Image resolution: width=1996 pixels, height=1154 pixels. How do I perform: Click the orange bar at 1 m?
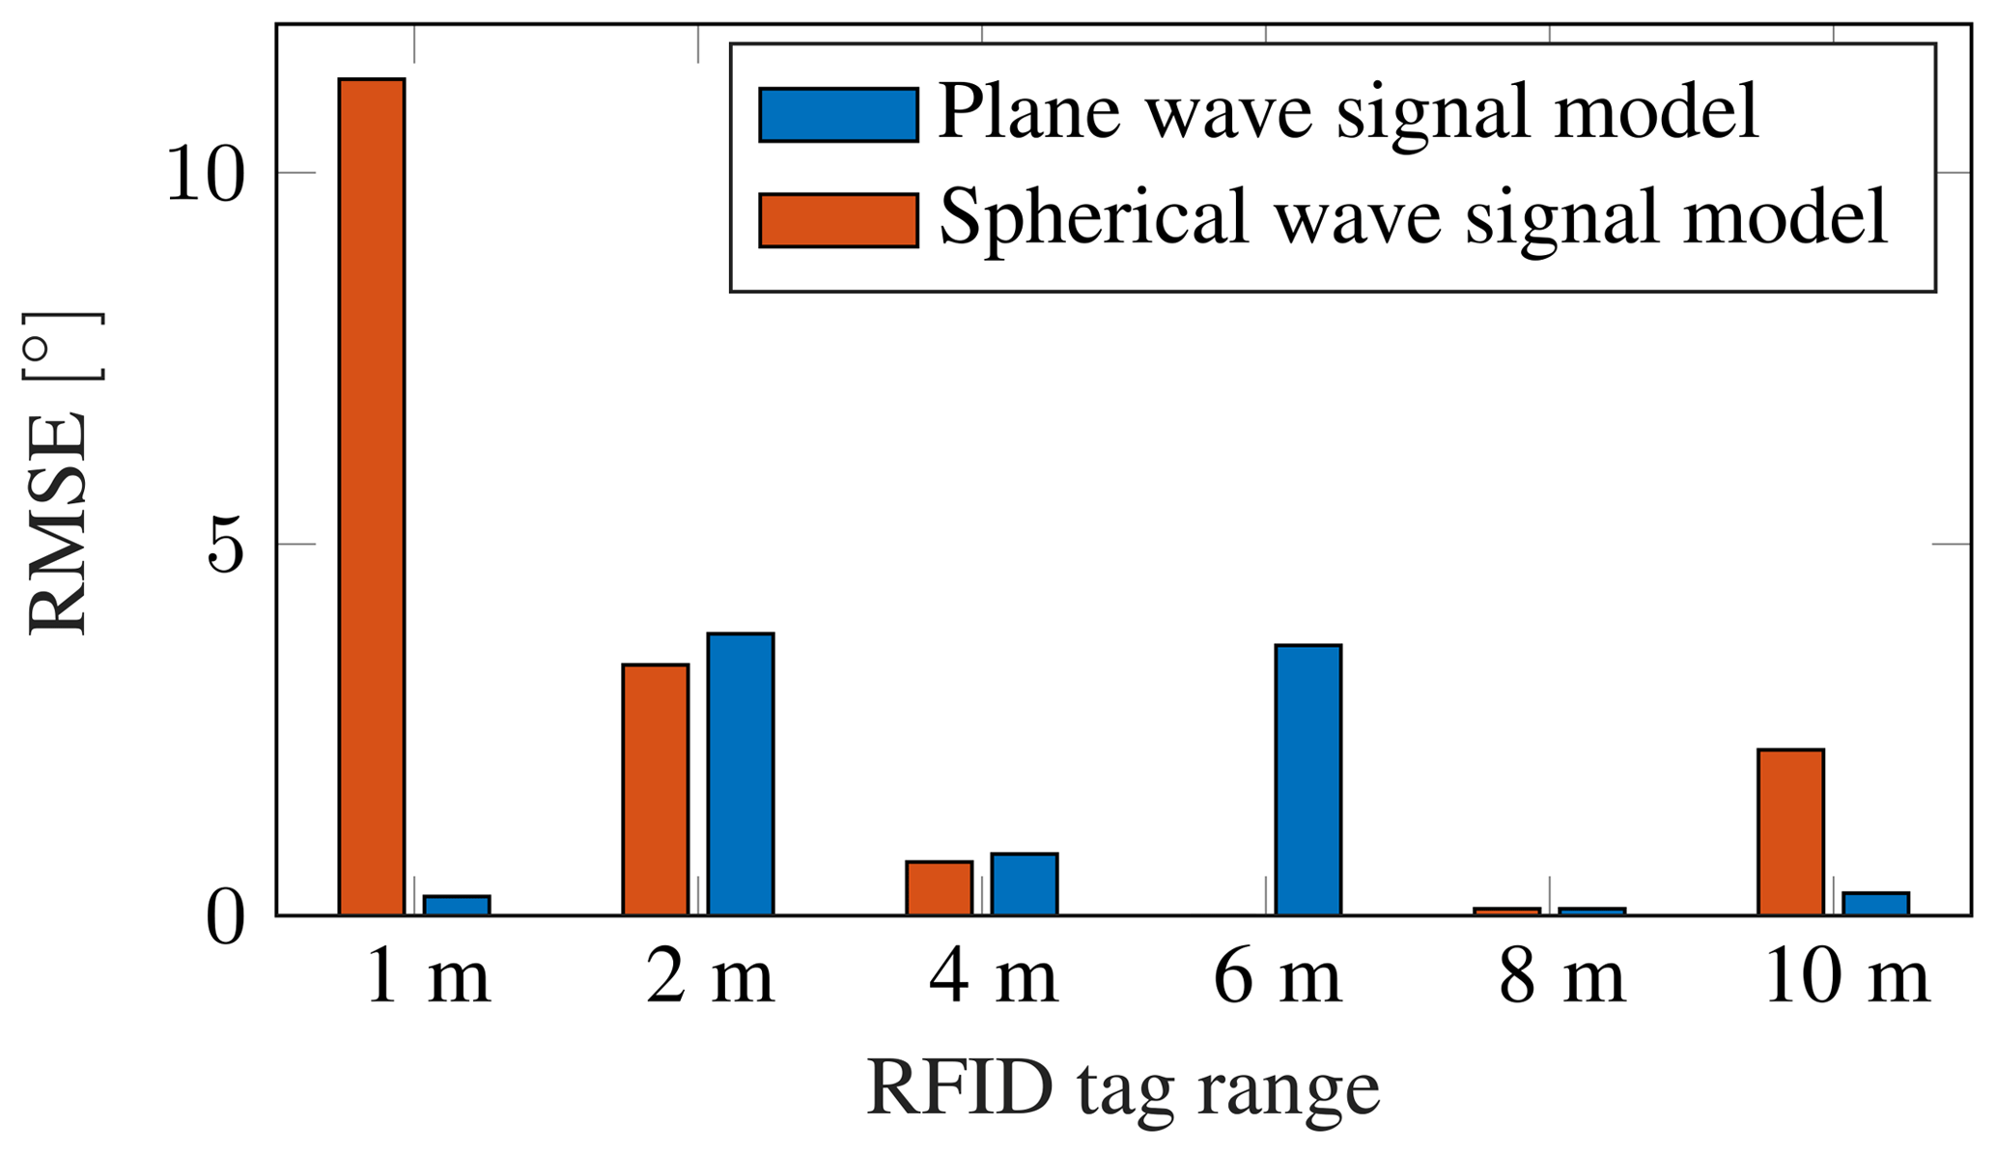pyautogui.click(x=372, y=496)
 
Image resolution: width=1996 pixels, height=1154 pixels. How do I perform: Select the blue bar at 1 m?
pyautogui.click(x=457, y=905)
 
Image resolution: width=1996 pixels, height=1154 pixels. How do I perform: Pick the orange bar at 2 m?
pyautogui.click(x=656, y=789)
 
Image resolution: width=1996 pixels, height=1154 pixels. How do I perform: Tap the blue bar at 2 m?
pyautogui.click(x=741, y=774)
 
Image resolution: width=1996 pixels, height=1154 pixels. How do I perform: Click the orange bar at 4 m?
pyautogui.click(x=939, y=887)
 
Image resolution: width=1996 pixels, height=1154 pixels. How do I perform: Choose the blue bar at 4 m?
pyautogui.click(x=1025, y=884)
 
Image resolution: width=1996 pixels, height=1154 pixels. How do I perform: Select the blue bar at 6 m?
pyautogui.click(x=1308, y=779)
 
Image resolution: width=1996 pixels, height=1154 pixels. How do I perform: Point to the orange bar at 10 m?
pyautogui.click(x=1790, y=831)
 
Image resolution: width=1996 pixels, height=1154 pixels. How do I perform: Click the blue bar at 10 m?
pyautogui.click(x=1876, y=903)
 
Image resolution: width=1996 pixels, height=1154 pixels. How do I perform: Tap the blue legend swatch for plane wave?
pyautogui.click(x=838, y=115)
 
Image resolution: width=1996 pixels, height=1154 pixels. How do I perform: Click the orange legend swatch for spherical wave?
pyautogui.click(x=838, y=220)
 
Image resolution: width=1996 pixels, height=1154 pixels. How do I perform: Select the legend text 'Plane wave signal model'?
pyautogui.click(x=1348, y=113)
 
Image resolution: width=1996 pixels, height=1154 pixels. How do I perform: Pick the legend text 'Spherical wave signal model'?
pyautogui.click(x=1413, y=218)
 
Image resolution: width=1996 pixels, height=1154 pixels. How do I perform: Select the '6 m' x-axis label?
pyautogui.click(x=1277, y=979)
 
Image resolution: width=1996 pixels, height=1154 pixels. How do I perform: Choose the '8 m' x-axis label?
pyautogui.click(x=1561, y=979)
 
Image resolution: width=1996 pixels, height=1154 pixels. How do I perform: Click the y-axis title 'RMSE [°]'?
pyautogui.click(x=60, y=473)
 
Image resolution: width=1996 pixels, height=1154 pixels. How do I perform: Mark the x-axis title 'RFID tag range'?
pyautogui.click(x=1123, y=1089)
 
